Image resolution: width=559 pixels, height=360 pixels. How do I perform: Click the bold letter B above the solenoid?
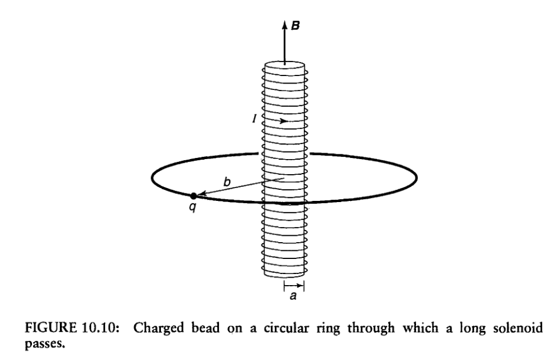click(x=295, y=26)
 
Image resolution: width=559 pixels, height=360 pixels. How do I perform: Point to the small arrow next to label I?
click(x=282, y=121)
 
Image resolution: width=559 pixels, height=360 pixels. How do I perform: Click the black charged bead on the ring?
click(x=193, y=196)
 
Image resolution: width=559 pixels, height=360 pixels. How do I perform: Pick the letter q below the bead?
click(x=192, y=208)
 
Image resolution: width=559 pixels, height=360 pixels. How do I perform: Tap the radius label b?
click(x=227, y=182)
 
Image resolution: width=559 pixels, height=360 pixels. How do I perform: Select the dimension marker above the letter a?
click(x=293, y=286)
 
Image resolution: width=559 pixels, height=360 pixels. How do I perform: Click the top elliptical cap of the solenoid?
click(x=285, y=66)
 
